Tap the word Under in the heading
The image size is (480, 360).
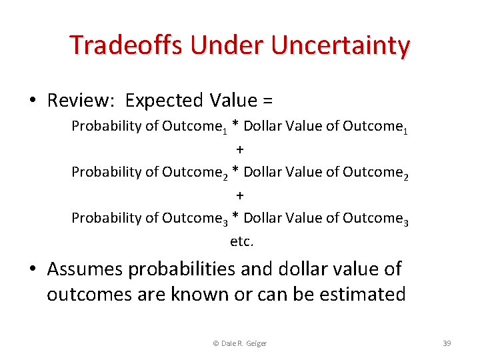click(x=220, y=45)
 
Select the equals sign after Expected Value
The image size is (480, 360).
click(x=267, y=101)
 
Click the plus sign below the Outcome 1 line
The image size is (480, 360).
click(x=240, y=149)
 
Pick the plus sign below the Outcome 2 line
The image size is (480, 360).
click(x=240, y=195)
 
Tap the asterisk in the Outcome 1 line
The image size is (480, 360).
click(x=236, y=126)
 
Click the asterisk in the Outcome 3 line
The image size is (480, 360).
click(x=236, y=218)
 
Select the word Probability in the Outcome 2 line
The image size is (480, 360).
click(x=106, y=172)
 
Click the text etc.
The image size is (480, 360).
click(x=241, y=241)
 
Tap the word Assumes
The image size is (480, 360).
click(x=85, y=269)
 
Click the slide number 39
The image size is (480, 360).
click(x=447, y=343)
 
